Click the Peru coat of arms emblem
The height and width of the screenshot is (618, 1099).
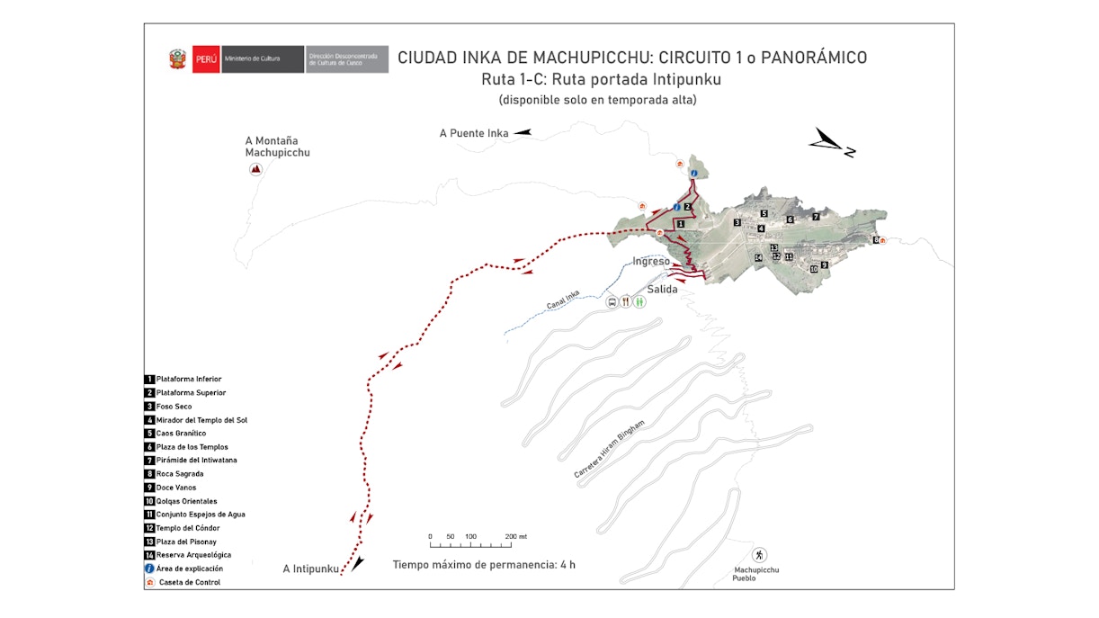pos(176,59)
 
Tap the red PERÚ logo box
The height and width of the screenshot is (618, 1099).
pos(206,59)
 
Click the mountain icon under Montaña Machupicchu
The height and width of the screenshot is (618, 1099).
pos(255,169)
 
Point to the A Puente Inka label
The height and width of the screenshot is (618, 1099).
pos(474,133)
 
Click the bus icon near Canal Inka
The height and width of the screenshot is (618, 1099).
pos(612,302)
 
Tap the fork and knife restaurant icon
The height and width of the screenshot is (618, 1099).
pos(625,302)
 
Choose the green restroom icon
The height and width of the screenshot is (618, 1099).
pos(639,302)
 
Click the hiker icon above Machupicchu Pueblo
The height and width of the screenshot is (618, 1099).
pos(760,555)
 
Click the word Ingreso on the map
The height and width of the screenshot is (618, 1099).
pos(651,261)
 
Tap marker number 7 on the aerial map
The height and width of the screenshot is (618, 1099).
pos(816,217)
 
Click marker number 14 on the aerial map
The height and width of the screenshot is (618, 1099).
pos(758,258)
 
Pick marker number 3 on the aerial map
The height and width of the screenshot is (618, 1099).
pos(737,222)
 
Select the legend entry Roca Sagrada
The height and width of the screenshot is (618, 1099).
pos(179,474)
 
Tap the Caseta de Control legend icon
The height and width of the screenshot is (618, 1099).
pos(149,582)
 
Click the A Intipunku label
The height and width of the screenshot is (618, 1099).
pos(311,569)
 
